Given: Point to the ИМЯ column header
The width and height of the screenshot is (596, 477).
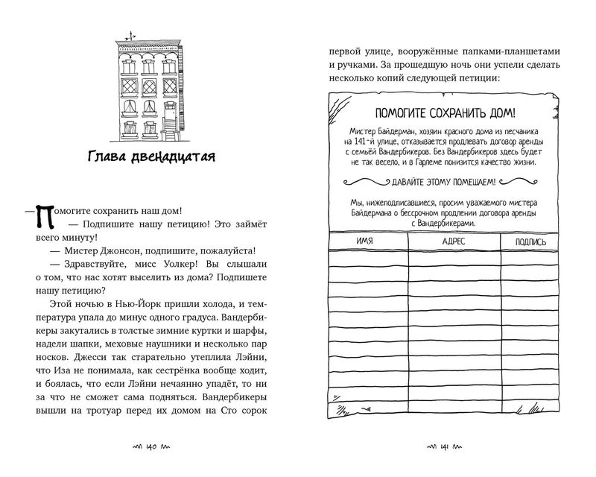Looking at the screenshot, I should (364, 241).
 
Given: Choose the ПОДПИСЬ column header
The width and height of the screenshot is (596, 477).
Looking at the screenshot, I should (530, 242).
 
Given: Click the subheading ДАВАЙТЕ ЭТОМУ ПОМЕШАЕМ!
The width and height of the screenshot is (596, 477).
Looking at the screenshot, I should (445, 181).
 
